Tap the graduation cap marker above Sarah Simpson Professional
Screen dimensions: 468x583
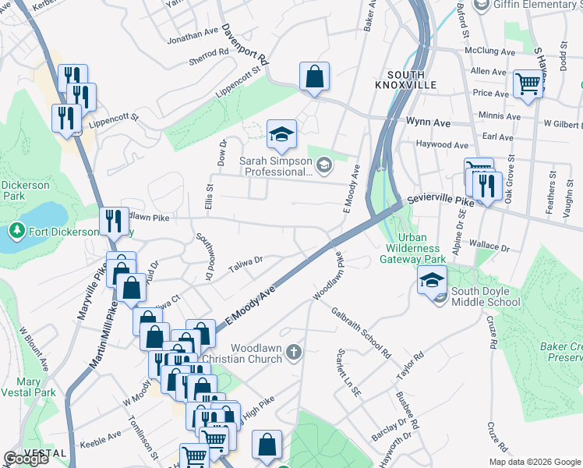[281, 134]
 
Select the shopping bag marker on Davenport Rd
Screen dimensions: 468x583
[314, 76]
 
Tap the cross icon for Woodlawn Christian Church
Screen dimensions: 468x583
[293, 353]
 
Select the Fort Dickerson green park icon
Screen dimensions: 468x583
[16, 231]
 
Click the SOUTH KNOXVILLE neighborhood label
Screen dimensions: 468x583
[398, 80]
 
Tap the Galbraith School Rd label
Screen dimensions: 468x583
[360, 331]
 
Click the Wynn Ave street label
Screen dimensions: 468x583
[429, 122]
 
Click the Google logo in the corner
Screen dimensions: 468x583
[26, 459]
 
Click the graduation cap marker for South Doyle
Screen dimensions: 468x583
[433, 280]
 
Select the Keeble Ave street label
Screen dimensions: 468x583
[101, 434]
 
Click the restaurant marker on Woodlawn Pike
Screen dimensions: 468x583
[114, 222]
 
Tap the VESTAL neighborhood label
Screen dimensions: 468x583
[44, 453]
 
